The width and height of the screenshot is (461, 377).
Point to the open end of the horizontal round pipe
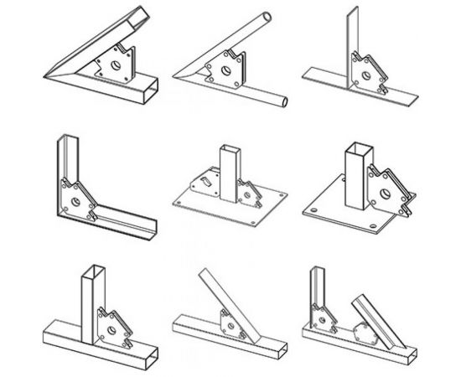[x=284, y=101]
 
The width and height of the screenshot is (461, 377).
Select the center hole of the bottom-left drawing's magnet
[x=111, y=326]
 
